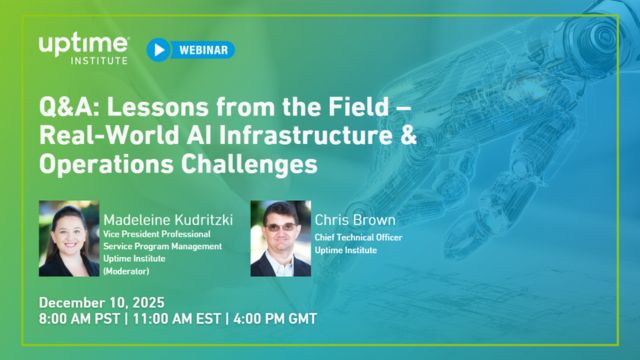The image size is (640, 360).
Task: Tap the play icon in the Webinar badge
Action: tap(158, 49)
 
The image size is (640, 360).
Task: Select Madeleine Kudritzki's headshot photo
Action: tap(68, 238)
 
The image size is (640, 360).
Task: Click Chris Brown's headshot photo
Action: tap(281, 238)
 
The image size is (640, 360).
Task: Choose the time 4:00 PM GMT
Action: tap(277, 319)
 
